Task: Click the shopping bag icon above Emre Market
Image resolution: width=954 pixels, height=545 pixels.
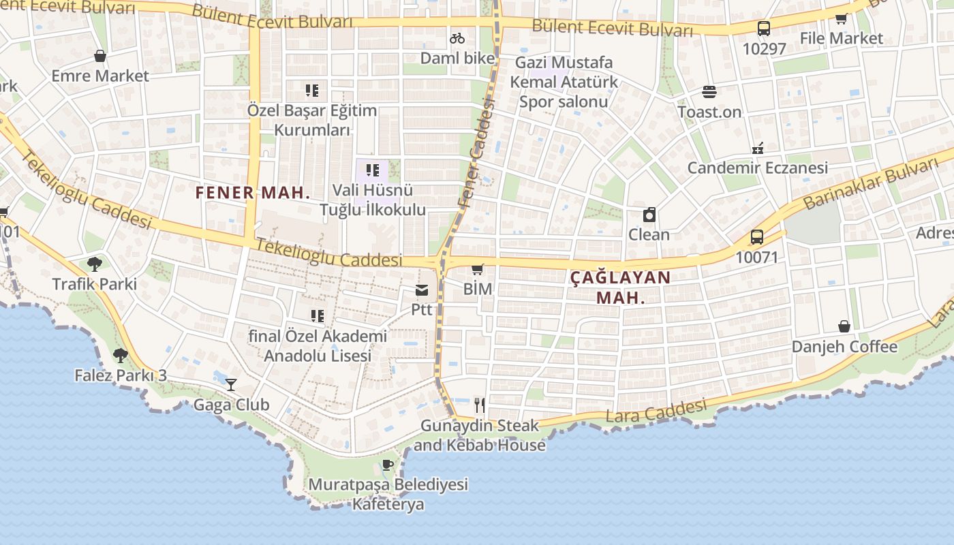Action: [100, 56]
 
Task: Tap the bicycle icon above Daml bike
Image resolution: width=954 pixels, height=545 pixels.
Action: [457, 38]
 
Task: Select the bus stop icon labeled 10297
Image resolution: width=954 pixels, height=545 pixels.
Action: [764, 29]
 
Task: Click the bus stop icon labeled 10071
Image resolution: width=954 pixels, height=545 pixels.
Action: [756, 237]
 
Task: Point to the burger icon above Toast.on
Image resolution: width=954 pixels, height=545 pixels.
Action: [709, 92]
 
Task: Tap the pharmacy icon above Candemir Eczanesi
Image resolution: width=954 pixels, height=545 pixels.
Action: [757, 148]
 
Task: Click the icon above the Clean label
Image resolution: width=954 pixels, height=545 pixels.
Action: [649, 215]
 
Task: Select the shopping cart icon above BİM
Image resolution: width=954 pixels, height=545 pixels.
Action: [477, 269]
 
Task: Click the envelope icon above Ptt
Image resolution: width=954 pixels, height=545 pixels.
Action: [422, 291]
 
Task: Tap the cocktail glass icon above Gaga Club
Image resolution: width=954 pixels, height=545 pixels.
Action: [231, 385]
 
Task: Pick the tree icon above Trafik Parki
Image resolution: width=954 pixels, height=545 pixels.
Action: [95, 264]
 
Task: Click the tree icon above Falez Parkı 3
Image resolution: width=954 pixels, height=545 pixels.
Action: [121, 355]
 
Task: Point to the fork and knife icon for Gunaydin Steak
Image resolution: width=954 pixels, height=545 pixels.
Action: [480, 405]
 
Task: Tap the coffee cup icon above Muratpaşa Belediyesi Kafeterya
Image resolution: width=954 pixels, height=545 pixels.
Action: [388, 465]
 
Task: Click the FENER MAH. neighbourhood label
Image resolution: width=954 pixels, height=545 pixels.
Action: [253, 193]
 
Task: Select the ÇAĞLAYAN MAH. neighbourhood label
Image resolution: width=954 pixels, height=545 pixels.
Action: [620, 287]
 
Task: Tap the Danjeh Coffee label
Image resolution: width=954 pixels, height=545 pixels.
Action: [844, 347]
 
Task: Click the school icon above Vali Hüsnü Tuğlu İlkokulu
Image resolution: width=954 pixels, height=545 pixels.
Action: [372, 170]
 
